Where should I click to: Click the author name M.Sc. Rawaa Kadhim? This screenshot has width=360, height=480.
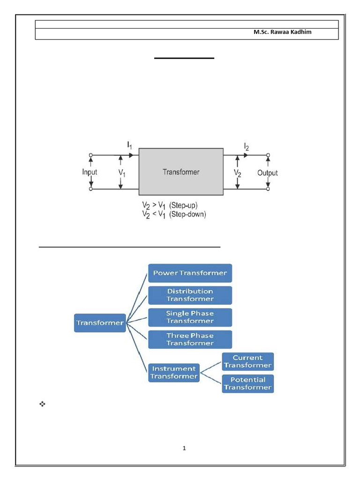click(x=282, y=32)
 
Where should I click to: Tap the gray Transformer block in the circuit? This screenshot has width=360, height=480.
click(x=181, y=172)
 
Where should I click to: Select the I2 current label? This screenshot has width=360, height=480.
click(x=246, y=147)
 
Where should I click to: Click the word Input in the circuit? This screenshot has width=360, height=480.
click(x=90, y=172)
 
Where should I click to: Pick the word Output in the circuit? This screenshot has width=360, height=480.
click(x=267, y=172)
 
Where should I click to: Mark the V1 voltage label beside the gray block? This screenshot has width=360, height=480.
click(x=121, y=172)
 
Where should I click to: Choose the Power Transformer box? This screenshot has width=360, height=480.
click(x=190, y=273)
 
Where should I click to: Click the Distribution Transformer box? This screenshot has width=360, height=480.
click(x=190, y=295)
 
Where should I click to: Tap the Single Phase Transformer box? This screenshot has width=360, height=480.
click(x=190, y=317)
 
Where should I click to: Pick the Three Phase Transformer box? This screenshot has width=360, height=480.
click(x=190, y=339)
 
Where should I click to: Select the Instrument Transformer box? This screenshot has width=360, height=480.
click(x=173, y=372)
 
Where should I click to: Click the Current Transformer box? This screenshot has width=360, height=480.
click(x=247, y=361)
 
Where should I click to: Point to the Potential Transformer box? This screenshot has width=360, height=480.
click(x=247, y=383)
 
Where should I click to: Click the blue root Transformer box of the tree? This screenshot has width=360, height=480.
click(x=100, y=322)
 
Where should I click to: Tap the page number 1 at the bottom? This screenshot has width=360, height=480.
click(x=185, y=448)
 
